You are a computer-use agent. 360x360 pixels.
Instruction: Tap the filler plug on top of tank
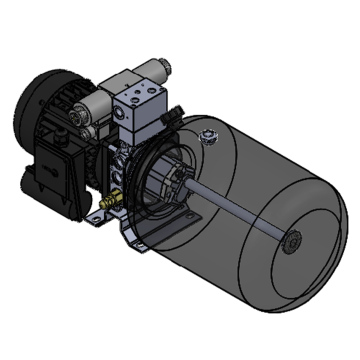(207, 135)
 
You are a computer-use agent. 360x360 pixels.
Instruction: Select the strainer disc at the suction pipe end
(292, 242)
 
